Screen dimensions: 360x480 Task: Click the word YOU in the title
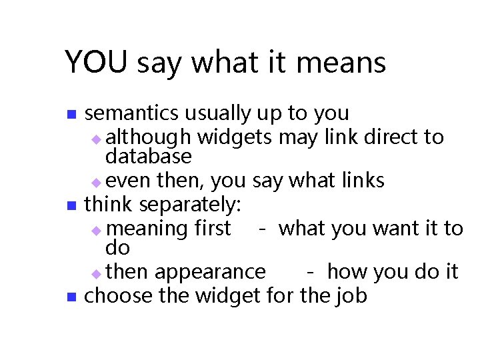[97, 63]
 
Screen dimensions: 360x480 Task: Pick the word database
[148, 157]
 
